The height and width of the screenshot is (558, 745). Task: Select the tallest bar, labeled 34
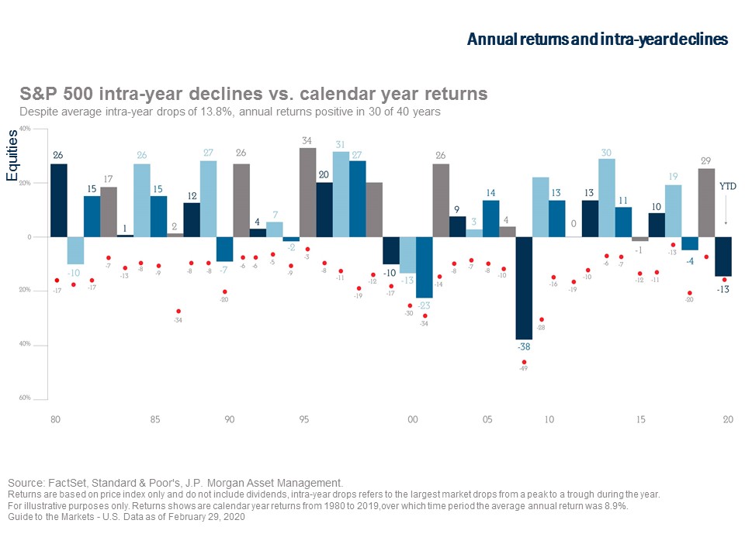[x=307, y=192]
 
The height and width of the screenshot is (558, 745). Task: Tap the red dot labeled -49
[x=524, y=362]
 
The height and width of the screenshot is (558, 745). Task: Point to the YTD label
[x=727, y=186]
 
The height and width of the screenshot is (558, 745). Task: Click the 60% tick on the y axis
[x=26, y=398]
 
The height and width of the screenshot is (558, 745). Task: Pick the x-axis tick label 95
[x=304, y=419]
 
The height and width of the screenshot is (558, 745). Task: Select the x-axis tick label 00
[x=412, y=419]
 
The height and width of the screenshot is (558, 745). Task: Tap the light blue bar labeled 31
[x=341, y=195]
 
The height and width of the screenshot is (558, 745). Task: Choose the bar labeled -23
[x=424, y=267]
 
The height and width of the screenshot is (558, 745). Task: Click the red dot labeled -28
[x=542, y=319]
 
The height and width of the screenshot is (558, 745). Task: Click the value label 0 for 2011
[x=573, y=223]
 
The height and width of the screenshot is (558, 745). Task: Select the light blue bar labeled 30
[x=607, y=198]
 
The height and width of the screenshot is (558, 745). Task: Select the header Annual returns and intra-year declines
[x=597, y=40]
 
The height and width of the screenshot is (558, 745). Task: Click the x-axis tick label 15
[x=641, y=419]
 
